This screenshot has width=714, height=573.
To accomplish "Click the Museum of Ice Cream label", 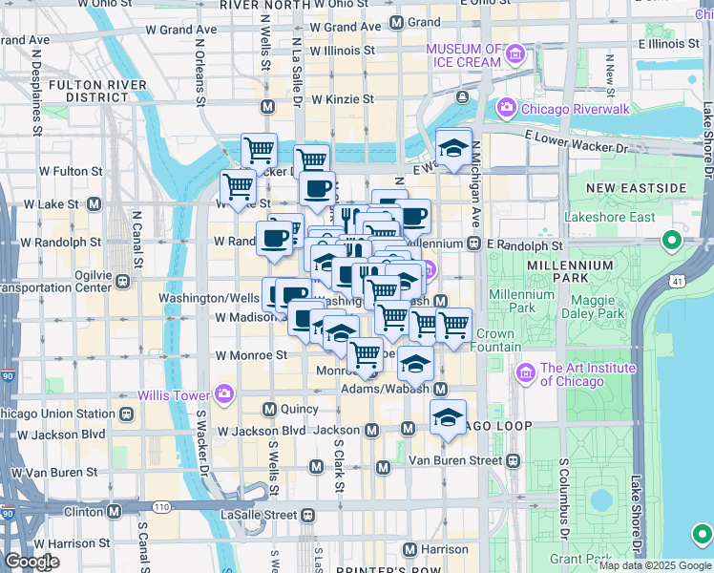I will (x=463, y=55).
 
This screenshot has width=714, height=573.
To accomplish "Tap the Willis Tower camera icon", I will (x=223, y=393).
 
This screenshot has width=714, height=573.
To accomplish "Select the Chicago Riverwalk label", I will (x=575, y=109).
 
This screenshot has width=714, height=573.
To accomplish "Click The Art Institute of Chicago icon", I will (x=524, y=371).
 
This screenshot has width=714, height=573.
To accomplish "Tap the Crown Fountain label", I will (x=494, y=341).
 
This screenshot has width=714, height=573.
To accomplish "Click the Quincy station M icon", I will (x=269, y=409).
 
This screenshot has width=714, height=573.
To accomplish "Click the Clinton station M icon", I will (x=114, y=511).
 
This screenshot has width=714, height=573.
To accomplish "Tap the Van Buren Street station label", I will (x=455, y=460).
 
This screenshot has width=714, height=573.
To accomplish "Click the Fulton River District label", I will (x=89, y=91).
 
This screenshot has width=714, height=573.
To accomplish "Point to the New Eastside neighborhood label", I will (x=637, y=187).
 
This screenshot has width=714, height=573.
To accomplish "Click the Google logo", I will (x=31, y=562).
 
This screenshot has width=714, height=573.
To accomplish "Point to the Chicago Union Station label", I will (x=57, y=414).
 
